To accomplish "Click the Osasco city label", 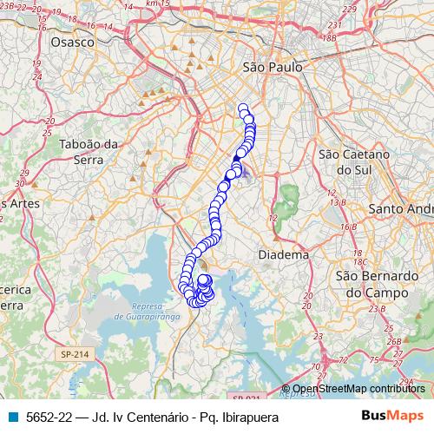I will tap(72, 41).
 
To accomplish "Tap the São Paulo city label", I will tap(273, 67).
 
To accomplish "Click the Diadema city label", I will tap(284, 255).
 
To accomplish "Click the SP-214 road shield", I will tap(76, 354).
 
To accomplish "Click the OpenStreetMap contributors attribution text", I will tap(358, 390).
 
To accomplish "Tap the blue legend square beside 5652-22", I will tap(12, 418).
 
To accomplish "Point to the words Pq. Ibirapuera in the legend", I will tap(234, 418).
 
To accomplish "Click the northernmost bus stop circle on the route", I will tap(243, 108).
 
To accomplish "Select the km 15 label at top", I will tap(155, 4).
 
